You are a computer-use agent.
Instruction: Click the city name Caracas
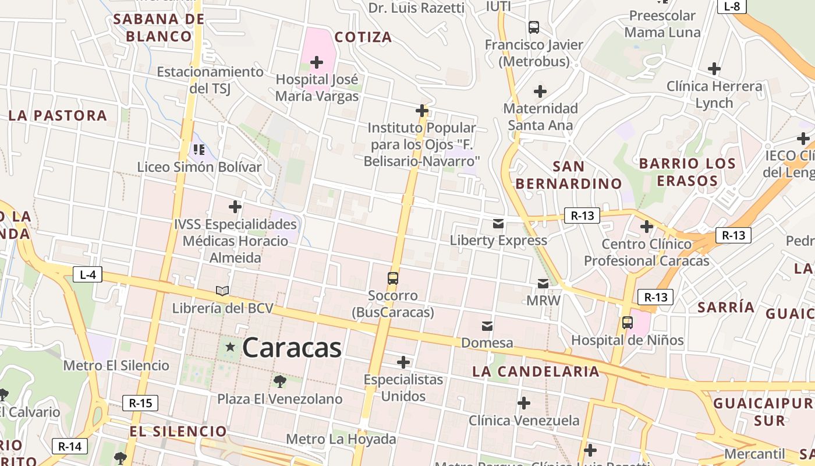point(292,348)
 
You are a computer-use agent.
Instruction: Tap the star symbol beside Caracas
point(231,347)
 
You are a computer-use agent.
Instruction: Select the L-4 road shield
point(87,274)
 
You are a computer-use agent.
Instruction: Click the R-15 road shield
point(140,403)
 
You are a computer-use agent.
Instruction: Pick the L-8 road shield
point(732,6)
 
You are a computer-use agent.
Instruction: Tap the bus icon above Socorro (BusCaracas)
point(393,278)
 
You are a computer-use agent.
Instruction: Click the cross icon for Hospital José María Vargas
point(317,62)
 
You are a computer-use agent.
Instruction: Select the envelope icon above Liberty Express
point(498,223)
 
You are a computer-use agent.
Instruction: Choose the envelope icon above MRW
point(543,284)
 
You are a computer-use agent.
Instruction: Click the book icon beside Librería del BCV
point(222,291)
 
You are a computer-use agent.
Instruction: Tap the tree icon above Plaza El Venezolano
point(280,382)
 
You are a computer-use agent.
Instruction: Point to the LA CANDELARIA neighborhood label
point(536,371)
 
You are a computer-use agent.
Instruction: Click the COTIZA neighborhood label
point(363,37)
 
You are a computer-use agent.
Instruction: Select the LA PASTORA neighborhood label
point(58,115)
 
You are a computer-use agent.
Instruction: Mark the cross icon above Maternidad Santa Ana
point(540,91)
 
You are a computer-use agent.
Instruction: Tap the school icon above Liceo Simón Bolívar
point(199,150)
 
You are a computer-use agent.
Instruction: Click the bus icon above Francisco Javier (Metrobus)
point(534,27)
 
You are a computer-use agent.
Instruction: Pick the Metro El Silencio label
point(116,366)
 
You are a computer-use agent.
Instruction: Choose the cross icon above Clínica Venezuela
point(524,403)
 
